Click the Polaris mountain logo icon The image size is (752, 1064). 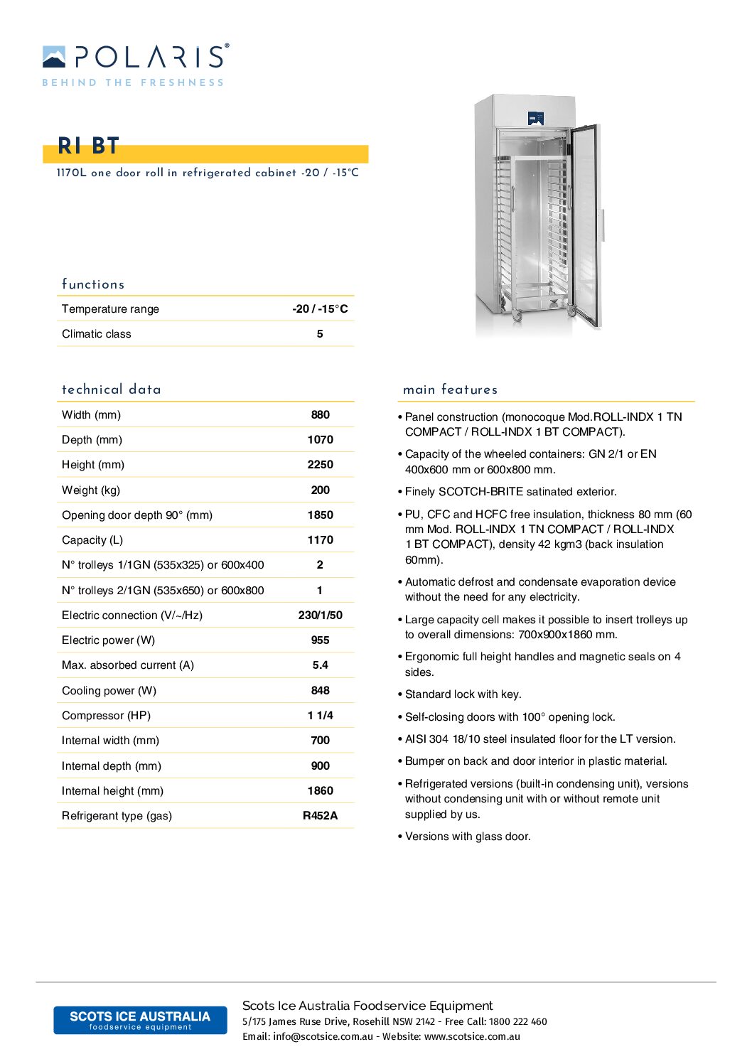coord(54,57)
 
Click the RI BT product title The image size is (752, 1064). coord(88,146)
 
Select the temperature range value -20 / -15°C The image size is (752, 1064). coord(320,309)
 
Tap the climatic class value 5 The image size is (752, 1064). coord(320,334)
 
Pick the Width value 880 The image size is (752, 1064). coord(320,415)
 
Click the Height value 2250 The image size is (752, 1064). coord(320,465)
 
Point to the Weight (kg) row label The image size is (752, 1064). coord(91,490)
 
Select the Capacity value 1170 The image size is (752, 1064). coord(320,540)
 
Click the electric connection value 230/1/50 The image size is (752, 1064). coord(320,616)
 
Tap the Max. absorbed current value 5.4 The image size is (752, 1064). coord(320,665)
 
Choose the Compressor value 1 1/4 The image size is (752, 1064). coord(320,716)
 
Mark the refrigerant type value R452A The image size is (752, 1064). coord(320,816)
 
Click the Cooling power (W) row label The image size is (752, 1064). coord(109,691)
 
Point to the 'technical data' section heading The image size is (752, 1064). coord(112,389)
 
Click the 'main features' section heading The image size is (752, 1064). coord(450,389)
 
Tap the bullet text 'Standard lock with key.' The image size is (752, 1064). coord(463,694)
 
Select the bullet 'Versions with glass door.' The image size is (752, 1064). coord(468,837)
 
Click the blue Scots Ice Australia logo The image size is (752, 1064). coord(140,1020)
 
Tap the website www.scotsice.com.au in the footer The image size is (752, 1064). coord(472,1037)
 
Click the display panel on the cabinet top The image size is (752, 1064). coord(536,118)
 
